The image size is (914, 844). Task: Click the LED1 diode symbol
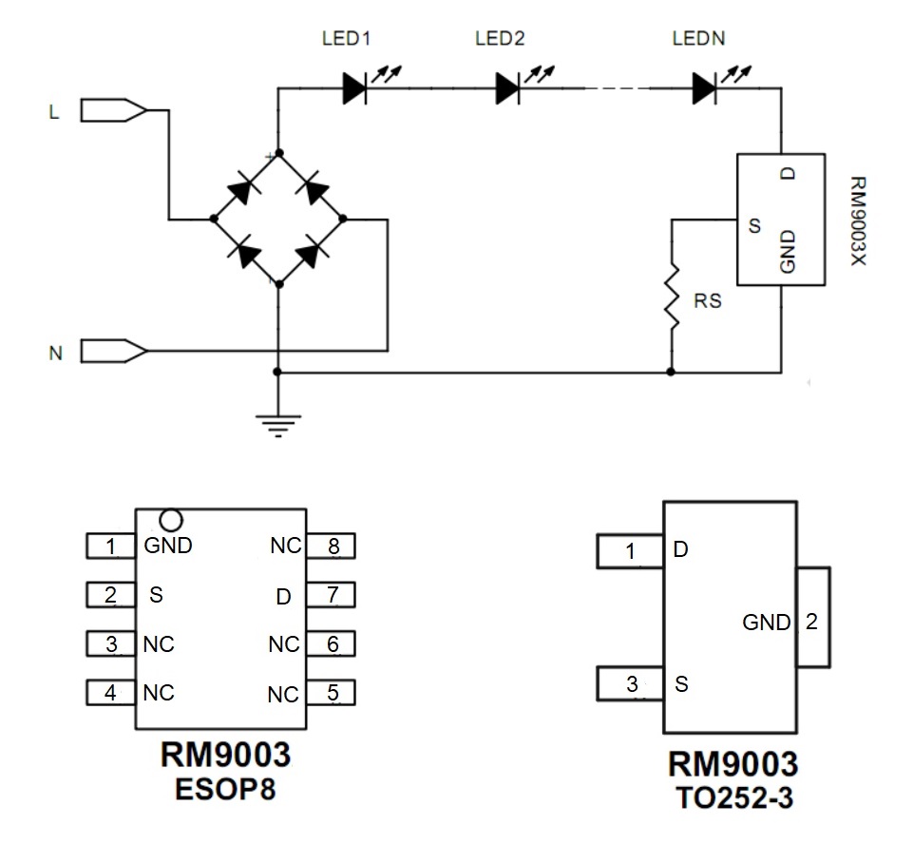354,88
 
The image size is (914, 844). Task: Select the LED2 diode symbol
508,88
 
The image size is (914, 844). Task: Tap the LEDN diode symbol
704,88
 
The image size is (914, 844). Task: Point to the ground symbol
277,422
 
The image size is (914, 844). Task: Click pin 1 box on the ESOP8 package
110,547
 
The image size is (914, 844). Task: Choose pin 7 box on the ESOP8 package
333,596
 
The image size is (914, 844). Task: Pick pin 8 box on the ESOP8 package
333,547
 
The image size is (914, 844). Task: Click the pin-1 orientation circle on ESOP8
171,520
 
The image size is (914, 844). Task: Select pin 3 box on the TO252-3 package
631,682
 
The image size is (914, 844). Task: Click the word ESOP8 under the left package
225,788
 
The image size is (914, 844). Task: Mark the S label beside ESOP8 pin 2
157,596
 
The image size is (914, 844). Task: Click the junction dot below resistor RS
672,373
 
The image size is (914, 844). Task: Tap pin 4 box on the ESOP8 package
110,693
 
